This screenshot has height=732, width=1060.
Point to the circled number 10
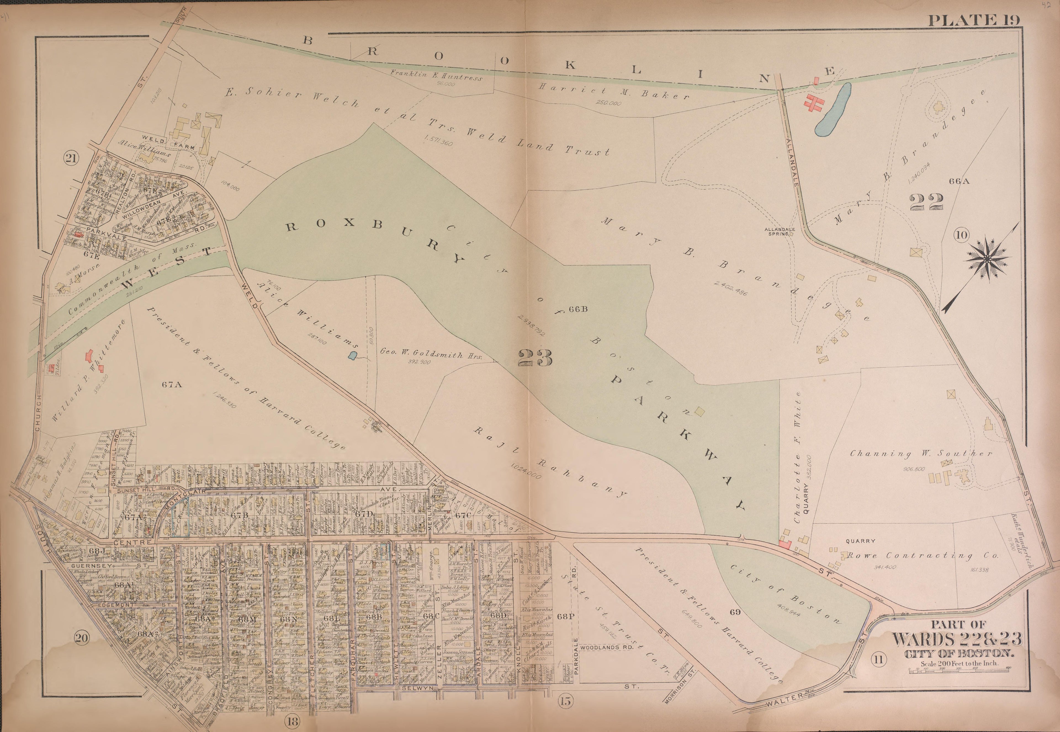pos(961,236)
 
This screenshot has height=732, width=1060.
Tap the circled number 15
pos(566,700)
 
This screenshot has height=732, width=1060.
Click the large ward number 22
pos(926,201)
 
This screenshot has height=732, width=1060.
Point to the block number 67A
pos(172,385)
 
